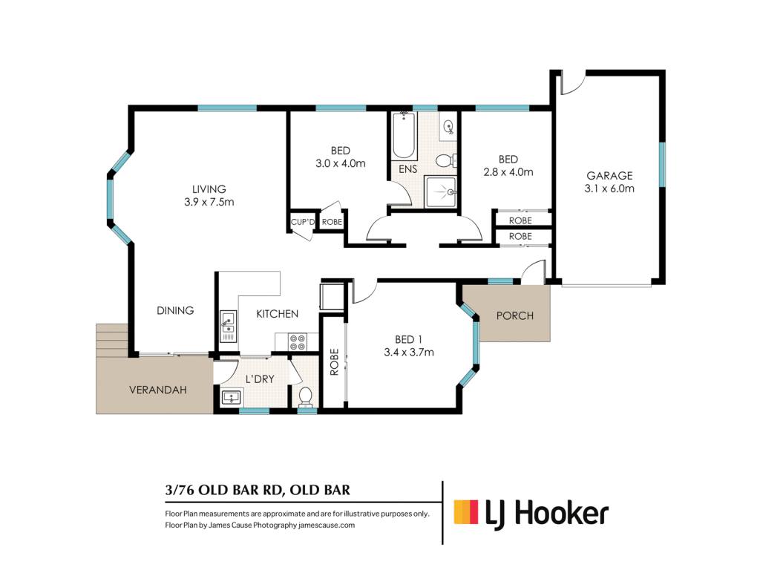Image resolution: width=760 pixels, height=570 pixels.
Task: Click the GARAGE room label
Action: coord(609,175)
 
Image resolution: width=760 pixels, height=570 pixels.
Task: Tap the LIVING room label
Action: coord(209,189)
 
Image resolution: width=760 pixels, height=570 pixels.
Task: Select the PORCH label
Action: coord(515,316)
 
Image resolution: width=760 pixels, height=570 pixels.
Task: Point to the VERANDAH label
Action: coord(158,390)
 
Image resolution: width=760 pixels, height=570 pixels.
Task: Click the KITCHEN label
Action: coord(278,314)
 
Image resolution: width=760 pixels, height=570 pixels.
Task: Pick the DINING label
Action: coord(175,310)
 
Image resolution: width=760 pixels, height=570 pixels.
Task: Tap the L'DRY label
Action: coord(260,379)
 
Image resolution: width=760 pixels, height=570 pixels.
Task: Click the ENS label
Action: coord(407,169)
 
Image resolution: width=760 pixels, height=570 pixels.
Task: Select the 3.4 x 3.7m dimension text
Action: coord(409,353)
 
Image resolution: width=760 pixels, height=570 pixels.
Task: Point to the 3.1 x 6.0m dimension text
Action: coord(609,189)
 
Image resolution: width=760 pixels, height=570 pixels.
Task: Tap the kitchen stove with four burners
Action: coord(297,342)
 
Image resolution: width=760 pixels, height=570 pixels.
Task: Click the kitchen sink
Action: coord(228,327)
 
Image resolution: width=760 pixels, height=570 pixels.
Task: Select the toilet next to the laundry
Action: coord(305,396)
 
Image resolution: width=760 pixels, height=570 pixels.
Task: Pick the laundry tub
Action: coord(232,398)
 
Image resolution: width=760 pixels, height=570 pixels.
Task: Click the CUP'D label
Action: coord(303,222)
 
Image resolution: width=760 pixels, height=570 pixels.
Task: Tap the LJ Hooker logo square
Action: coord(466,512)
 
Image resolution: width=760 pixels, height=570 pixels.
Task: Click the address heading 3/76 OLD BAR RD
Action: coord(223,490)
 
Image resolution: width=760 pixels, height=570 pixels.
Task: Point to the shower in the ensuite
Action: coord(440,192)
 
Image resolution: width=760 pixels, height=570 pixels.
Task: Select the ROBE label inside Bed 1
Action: coord(334,362)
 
